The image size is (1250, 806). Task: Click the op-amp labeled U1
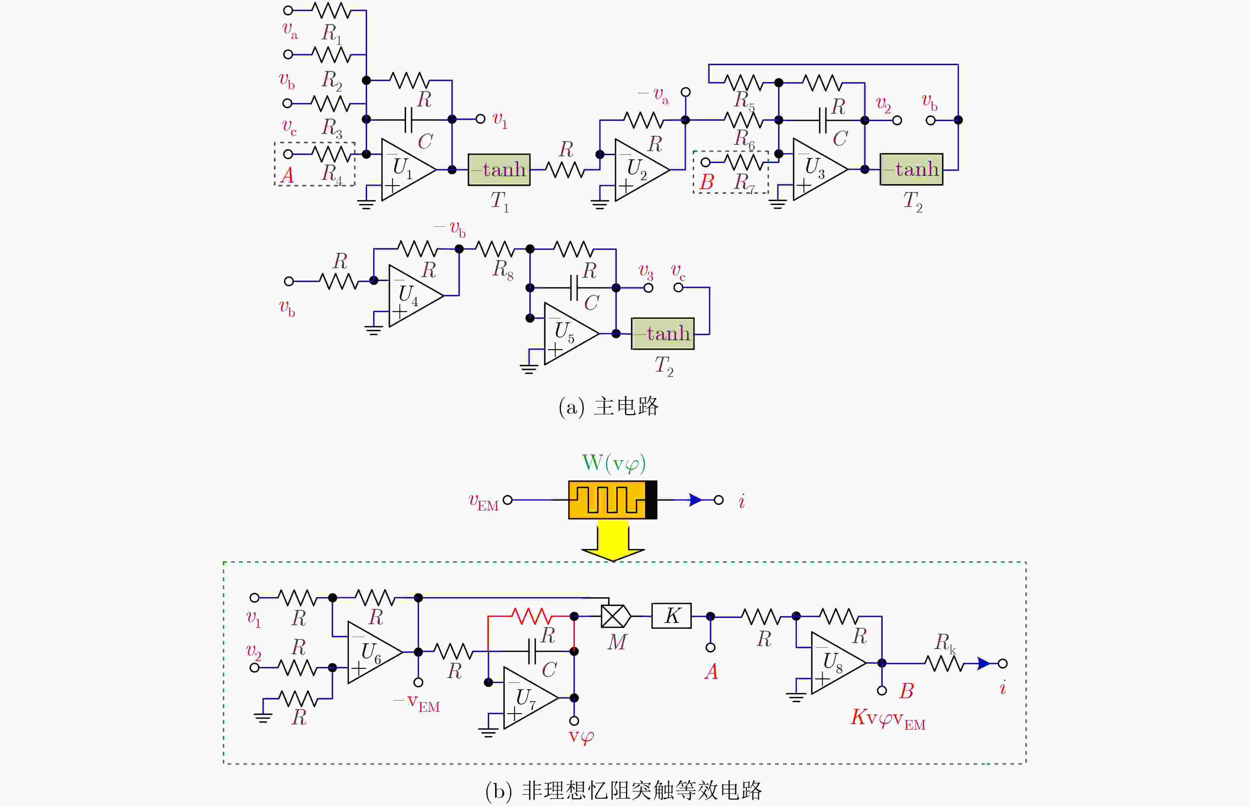point(406,170)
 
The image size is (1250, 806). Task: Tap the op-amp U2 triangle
point(639,170)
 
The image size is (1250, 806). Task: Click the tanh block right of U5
point(663,333)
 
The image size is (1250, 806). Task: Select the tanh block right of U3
point(911,169)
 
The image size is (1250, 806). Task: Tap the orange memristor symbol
point(612,500)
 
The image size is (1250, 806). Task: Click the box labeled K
point(672,616)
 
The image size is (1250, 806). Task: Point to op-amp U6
point(372,652)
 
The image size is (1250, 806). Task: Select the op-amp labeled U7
point(528,698)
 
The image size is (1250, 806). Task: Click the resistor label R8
point(503,270)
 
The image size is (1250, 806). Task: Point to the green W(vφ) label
point(613,463)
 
